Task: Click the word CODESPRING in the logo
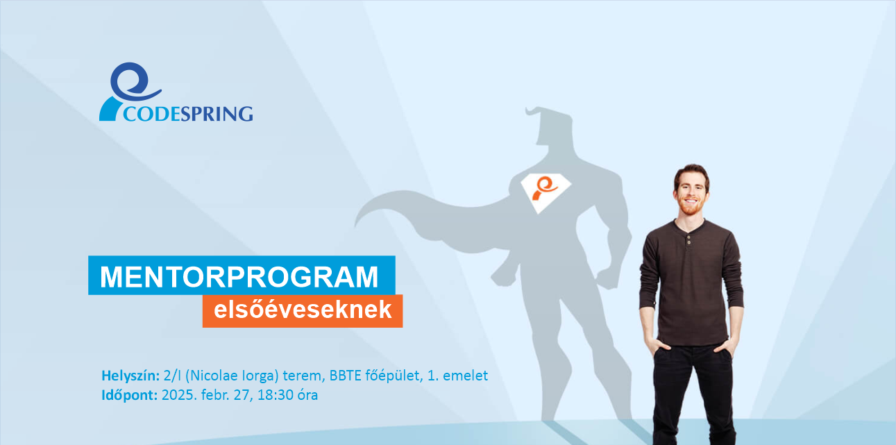(188, 114)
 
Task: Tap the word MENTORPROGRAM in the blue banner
(239, 276)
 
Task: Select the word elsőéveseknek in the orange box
(303, 310)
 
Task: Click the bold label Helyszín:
(130, 376)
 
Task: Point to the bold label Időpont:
(129, 395)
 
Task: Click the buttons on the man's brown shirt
(688, 240)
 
